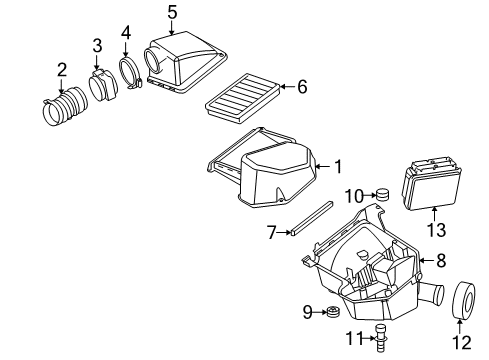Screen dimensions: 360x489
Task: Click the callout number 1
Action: tap(337, 166)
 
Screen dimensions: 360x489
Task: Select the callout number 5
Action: tap(172, 12)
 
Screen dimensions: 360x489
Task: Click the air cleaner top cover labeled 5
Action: tap(185, 60)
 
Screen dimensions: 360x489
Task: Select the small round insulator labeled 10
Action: tap(380, 194)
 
